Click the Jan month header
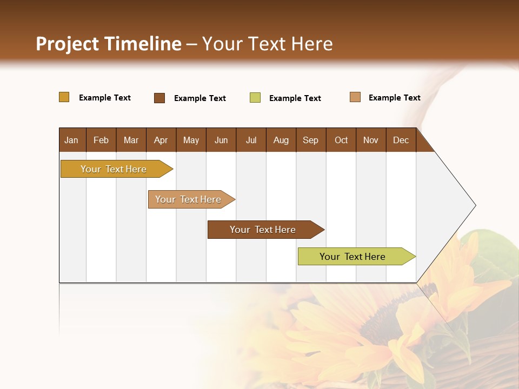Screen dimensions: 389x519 (71, 140)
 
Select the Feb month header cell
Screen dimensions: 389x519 (101, 140)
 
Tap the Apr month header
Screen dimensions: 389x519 (161, 140)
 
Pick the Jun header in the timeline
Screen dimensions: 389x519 (221, 140)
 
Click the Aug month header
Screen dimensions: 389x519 (281, 140)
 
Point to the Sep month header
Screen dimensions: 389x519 (310, 140)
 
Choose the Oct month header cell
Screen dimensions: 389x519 (341, 140)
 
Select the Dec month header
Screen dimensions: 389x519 (401, 140)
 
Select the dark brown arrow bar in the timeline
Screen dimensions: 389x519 (263, 230)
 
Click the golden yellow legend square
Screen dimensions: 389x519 (64, 97)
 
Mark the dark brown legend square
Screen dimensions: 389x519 (159, 98)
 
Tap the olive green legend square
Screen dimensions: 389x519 (255, 98)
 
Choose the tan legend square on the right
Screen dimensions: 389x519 (355, 97)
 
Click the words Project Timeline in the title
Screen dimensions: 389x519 (109, 44)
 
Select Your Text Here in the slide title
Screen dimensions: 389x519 (267, 44)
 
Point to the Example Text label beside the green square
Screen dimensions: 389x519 (295, 98)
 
